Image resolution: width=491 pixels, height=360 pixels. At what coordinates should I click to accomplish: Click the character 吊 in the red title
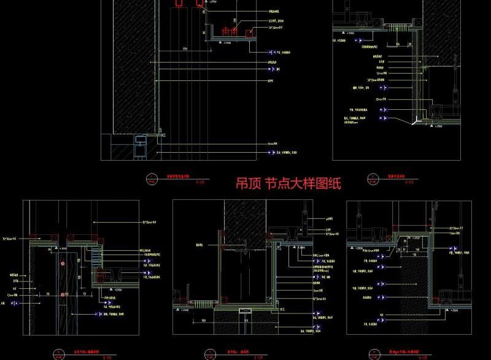243,183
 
